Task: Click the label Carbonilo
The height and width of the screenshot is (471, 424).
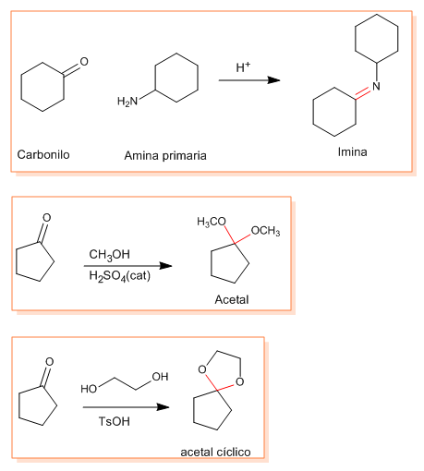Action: (43, 154)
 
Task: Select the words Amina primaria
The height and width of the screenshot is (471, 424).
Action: (165, 155)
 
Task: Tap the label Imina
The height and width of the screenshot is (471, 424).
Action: (352, 151)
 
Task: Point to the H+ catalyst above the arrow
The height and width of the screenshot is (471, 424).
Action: (243, 67)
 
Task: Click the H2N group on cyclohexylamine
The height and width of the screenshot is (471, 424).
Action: (127, 101)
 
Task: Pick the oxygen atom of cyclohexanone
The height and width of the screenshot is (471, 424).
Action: (84, 62)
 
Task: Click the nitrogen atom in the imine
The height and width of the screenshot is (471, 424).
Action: (376, 86)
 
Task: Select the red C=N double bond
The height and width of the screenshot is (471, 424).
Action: (363, 93)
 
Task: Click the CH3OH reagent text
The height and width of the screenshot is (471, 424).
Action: (109, 255)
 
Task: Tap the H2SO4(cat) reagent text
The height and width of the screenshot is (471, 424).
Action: (119, 275)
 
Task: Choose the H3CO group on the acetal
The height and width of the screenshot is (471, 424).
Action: (212, 222)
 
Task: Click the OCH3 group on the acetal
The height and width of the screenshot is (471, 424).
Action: (265, 231)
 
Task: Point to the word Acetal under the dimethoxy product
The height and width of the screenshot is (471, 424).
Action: (232, 299)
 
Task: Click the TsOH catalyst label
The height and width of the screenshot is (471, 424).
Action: (115, 421)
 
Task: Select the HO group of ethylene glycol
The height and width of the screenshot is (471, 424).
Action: (89, 389)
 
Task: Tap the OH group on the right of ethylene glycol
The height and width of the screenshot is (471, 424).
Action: (160, 377)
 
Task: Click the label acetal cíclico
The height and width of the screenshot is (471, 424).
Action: (215, 452)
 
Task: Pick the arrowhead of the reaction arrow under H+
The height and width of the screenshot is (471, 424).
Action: (273, 80)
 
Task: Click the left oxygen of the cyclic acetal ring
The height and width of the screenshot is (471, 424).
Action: (202, 369)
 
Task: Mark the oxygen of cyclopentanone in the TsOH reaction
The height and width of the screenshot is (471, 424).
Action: (49, 361)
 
